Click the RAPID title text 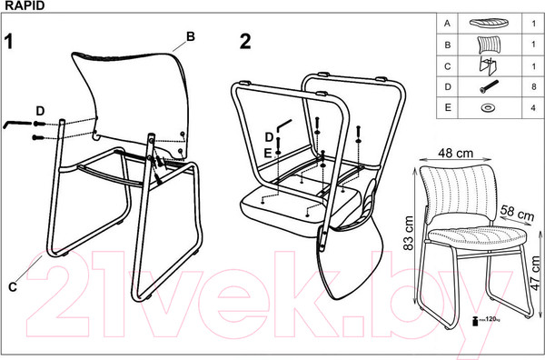(x=25, y=5)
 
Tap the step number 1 (x=9, y=42)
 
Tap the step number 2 (x=245, y=42)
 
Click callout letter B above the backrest (x=191, y=36)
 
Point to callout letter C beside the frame (x=13, y=287)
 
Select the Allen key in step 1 (x=17, y=123)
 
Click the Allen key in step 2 (x=283, y=125)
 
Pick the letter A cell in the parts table (x=447, y=24)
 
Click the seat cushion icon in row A (x=489, y=24)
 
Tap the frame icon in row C (x=488, y=66)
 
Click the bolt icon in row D (x=489, y=86)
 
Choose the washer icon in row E (x=489, y=107)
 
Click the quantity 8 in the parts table (x=534, y=86)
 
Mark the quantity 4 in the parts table (x=533, y=108)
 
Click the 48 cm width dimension (x=455, y=153)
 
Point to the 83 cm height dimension (x=409, y=233)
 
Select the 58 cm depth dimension (x=517, y=213)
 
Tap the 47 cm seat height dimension (x=536, y=274)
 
